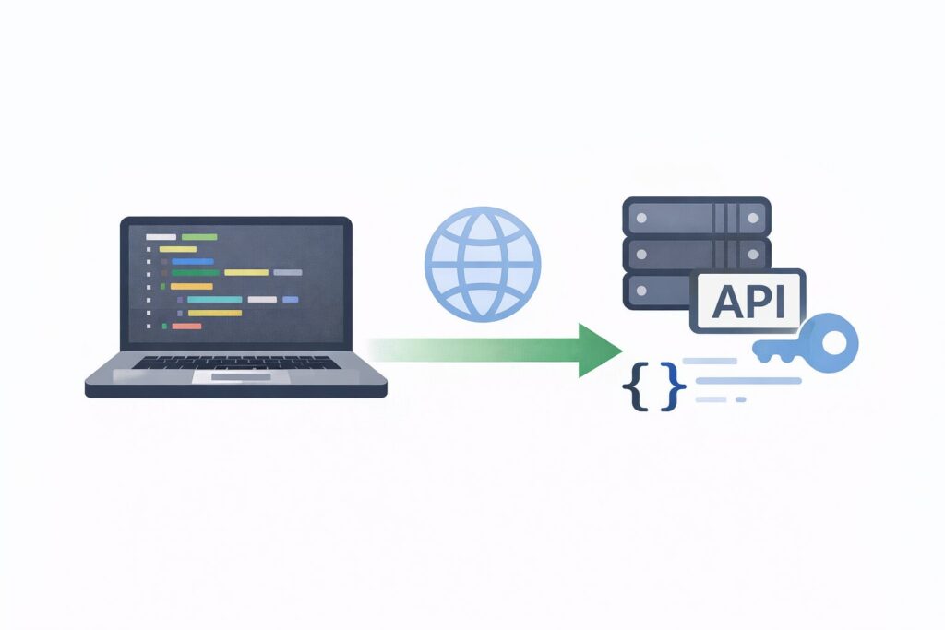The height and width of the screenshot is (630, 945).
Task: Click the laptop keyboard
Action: pyautogui.click(x=234, y=363)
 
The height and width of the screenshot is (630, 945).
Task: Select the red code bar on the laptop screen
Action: pyautogui.click(x=186, y=326)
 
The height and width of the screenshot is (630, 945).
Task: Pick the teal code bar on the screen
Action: pyautogui.click(x=214, y=300)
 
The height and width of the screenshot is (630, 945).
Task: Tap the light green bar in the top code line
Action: pyautogui.click(x=200, y=237)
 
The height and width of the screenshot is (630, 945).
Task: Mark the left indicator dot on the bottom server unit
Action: pyautogui.click(x=639, y=289)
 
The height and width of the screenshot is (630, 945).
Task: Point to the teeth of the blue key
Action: pyautogui.click(x=772, y=350)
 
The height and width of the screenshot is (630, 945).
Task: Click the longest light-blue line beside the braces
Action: pyautogui.click(x=747, y=380)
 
